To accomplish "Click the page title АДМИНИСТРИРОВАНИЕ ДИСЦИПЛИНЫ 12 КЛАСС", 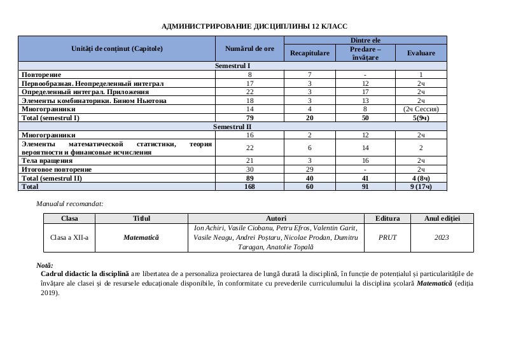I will click(254, 27).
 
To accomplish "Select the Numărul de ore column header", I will click(250, 48).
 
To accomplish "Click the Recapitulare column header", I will click(310, 53).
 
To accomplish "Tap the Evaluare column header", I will click(421, 53).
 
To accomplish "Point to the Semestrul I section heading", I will click(233, 66).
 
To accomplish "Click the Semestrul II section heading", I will click(233, 127).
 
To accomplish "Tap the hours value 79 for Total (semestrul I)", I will click(250, 118).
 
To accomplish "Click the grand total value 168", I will click(250, 187).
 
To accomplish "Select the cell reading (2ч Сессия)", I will click(421, 109).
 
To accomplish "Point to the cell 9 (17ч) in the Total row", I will click(421, 187).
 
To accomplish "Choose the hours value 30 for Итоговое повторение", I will click(250, 169).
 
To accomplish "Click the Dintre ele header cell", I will click(365, 40).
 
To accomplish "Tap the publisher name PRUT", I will click(387, 237).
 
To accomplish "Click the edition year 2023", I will click(442, 237).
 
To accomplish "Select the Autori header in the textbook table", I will click(276, 218).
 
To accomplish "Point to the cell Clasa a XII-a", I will click(69, 237).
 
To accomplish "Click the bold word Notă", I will click(45, 265).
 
